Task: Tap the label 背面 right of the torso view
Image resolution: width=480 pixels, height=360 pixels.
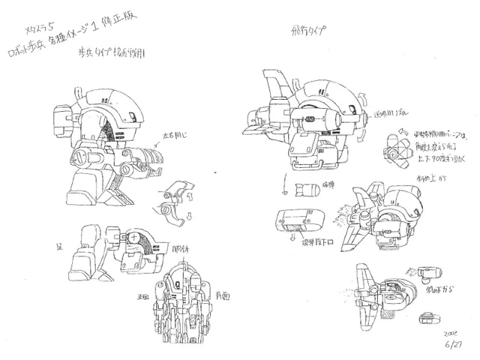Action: [x=223, y=295]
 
